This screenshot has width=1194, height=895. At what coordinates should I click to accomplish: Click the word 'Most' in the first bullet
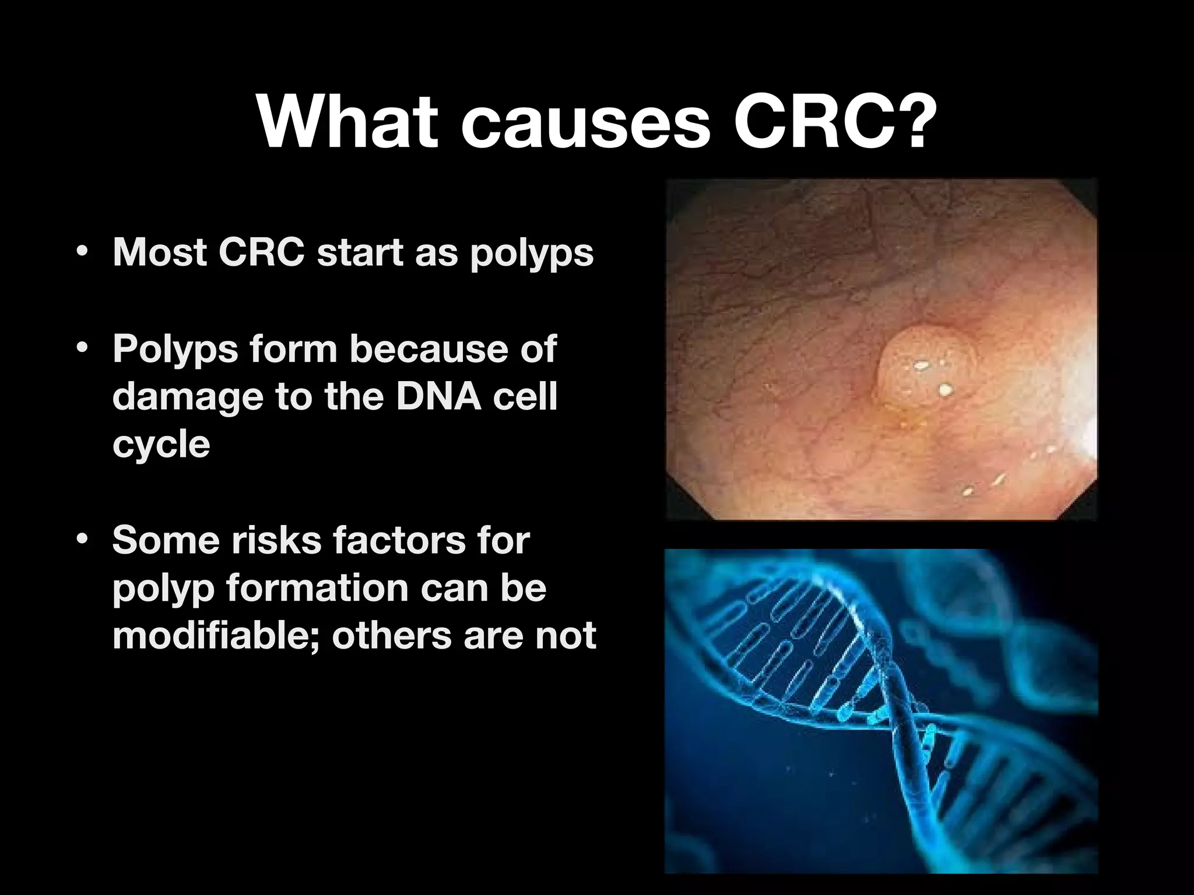tap(159, 253)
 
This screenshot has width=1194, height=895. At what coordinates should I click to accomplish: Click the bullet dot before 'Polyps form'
tap(82, 348)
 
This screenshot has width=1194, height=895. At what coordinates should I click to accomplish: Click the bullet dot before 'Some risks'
tap(82, 540)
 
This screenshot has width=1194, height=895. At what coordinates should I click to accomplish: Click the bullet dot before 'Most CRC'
tap(82, 253)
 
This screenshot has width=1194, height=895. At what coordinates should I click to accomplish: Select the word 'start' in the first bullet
tap(360, 253)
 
